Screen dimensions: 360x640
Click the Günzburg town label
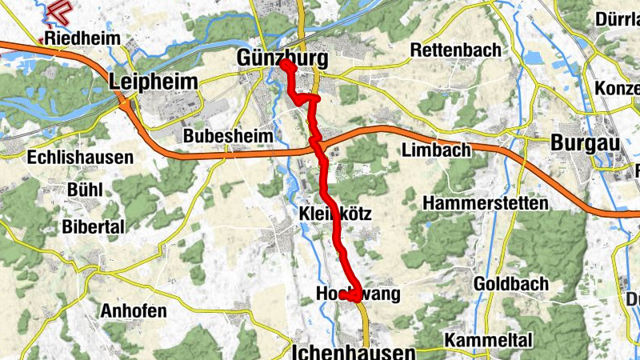[282, 58]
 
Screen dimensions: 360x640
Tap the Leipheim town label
[152, 80]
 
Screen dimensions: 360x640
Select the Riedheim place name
[82, 38]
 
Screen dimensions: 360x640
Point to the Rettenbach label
[455, 50]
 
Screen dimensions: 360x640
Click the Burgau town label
[586, 142]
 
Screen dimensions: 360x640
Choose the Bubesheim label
[228, 136]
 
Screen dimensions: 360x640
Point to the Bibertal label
[94, 226]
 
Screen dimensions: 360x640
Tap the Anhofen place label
[134, 310]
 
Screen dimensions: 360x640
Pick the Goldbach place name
[511, 283]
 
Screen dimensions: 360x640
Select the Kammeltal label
[489, 338]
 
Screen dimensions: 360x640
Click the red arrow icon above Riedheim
[58, 11]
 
